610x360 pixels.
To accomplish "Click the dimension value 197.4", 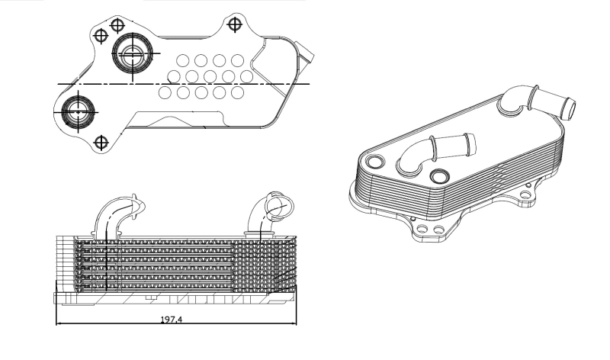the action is point(171,319).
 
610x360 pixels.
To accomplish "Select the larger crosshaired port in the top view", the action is point(133,53).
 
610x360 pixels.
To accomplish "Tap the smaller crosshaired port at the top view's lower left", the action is point(79,111).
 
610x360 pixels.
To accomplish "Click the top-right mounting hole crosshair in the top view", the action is point(235,24).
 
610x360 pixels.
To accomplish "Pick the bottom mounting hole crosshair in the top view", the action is point(101,143).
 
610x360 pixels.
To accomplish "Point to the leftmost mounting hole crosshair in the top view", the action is point(101,36).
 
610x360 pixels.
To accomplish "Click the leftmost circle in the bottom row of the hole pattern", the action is point(165,92).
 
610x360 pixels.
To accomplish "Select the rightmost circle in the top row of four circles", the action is point(237,60).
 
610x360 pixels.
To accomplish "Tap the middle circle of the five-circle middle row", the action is point(210,76).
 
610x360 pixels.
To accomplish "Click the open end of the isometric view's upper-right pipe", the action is point(568,109).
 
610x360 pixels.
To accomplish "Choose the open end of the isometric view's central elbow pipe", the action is point(470,143).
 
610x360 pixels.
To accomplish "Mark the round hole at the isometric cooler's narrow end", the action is point(375,161).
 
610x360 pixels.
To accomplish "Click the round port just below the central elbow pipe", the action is point(439,176).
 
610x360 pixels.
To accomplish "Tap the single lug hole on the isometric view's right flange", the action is point(525,194).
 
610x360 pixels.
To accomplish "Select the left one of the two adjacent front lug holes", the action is point(422,230).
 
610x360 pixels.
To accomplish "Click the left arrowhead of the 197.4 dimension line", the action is point(59,323).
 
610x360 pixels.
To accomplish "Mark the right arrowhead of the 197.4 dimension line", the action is point(294,323).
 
